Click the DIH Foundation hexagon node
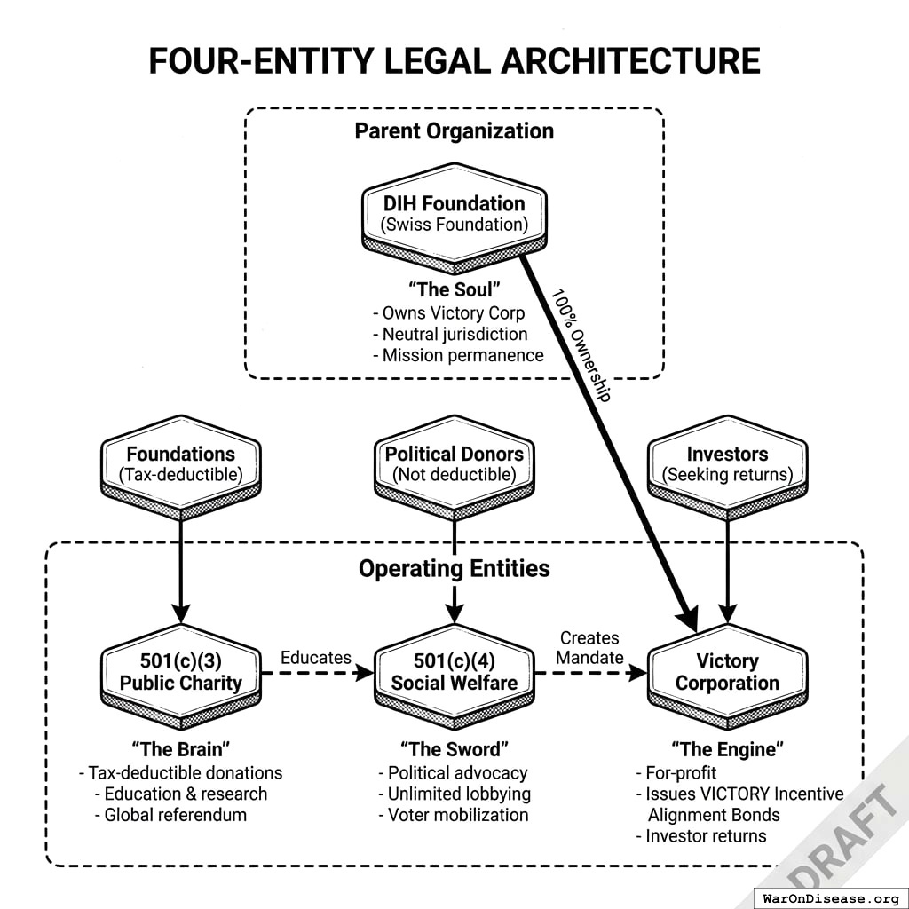(x=454, y=214)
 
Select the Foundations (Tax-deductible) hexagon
(x=180, y=464)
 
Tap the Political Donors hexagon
(x=454, y=464)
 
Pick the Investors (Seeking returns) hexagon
(x=727, y=464)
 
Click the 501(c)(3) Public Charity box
(x=180, y=672)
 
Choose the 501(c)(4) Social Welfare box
(x=454, y=672)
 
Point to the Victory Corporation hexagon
(x=727, y=672)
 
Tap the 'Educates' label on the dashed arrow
(x=315, y=658)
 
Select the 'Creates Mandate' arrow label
(x=590, y=648)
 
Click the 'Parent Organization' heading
(x=454, y=131)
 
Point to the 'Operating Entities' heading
(x=454, y=568)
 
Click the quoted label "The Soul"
(x=454, y=289)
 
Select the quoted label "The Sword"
(x=455, y=749)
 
